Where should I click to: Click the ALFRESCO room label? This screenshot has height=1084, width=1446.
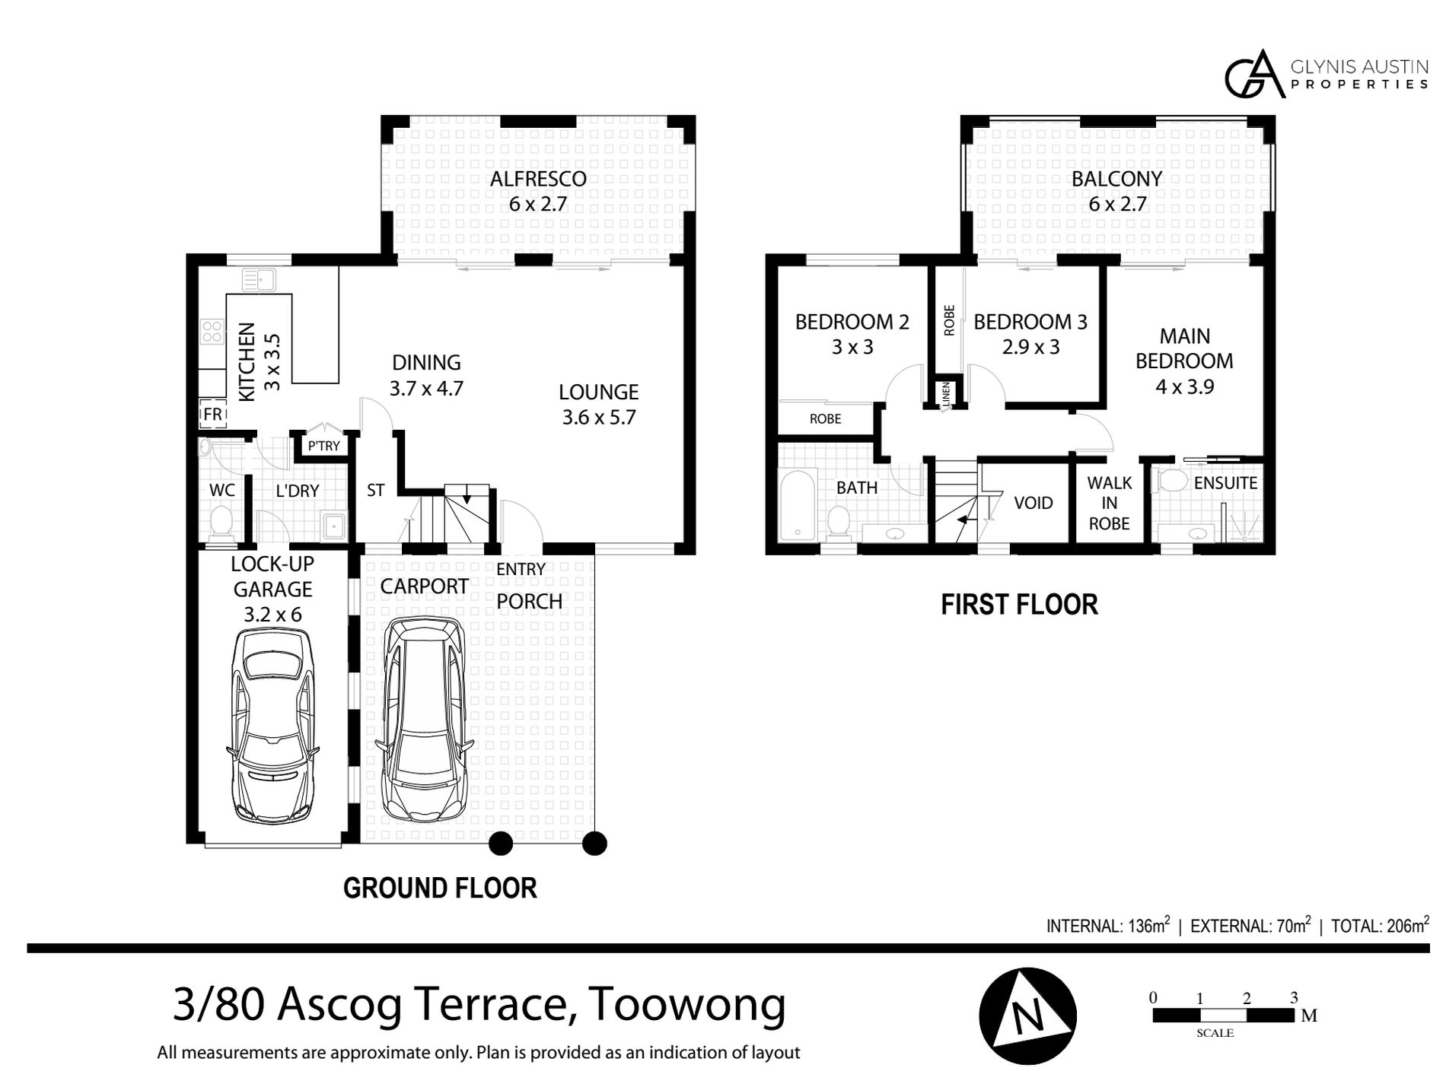[x=538, y=179]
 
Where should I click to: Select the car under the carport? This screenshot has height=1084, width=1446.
[x=425, y=720]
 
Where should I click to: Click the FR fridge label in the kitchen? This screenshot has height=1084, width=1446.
[x=212, y=415]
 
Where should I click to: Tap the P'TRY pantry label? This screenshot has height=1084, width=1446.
[x=323, y=446]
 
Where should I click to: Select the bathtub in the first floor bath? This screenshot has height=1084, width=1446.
[x=796, y=504]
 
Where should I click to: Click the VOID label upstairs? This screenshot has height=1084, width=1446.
[x=1034, y=503]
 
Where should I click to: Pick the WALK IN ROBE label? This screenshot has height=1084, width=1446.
[x=1109, y=503]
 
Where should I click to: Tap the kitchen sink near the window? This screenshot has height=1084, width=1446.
[x=259, y=281]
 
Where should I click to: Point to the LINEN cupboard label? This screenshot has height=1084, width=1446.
[x=947, y=395]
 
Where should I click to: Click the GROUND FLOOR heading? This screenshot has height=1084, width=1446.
[x=440, y=888]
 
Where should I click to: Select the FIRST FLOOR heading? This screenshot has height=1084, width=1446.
[x=1019, y=605]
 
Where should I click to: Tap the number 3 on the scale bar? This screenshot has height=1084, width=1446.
[x=1294, y=997]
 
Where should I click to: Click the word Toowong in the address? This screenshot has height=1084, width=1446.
[x=688, y=1005]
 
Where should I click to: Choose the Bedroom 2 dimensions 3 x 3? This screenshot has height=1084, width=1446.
[x=852, y=348]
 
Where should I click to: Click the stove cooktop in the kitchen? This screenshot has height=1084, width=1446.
[x=212, y=331]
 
